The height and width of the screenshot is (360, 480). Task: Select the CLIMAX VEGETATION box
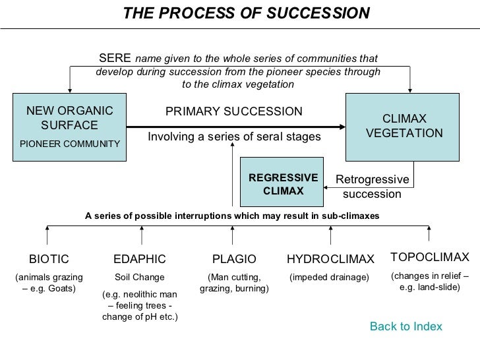click(405, 126)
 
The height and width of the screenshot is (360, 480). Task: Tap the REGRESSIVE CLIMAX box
click(283, 184)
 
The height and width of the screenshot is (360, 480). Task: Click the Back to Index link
click(405, 327)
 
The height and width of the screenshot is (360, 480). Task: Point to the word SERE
click(110, 58)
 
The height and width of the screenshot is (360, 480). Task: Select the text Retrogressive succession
click(373, 187)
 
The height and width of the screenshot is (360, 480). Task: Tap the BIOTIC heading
click(49, 258)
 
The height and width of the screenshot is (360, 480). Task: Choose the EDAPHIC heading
click(140, 258)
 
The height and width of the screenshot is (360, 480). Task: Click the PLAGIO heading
click(233, 258)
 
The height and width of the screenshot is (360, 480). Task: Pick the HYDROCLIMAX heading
click(330, 258)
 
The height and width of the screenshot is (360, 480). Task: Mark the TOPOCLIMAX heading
click(429, 256)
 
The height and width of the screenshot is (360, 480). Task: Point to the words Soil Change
click(140, 277)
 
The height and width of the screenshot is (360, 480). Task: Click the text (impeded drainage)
click(330, 277)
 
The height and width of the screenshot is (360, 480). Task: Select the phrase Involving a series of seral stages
click(233, 136)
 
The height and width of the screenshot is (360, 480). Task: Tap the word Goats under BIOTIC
click(63, 289)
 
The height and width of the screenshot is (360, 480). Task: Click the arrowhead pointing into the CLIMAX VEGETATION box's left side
click(343, 126)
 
